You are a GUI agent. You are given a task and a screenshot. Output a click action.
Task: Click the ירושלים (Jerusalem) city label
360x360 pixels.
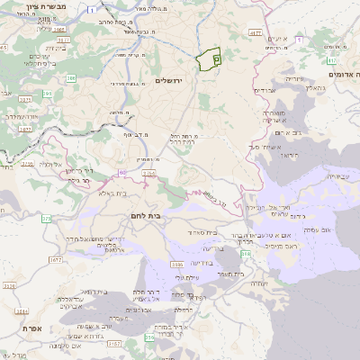[x=169, y=82]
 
